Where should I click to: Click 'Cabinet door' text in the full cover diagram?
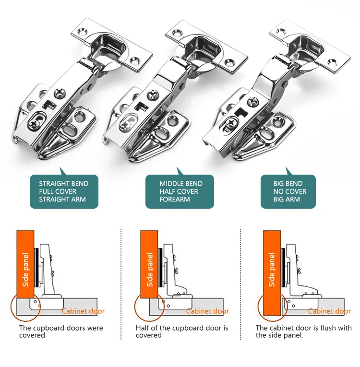pyautogui.click(x=83, y=311)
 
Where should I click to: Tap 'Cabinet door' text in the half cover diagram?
pyautogui.click(x=207, y=311)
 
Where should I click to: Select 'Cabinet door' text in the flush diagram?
pyautogui.click(x=329, y=311)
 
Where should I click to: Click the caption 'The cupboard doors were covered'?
pyautogui.click(x=61, y=331)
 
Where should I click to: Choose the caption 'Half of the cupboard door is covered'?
pyautogui.click(x=182, y=331)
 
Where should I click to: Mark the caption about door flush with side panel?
pyautogui.click(x=303, y=331)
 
